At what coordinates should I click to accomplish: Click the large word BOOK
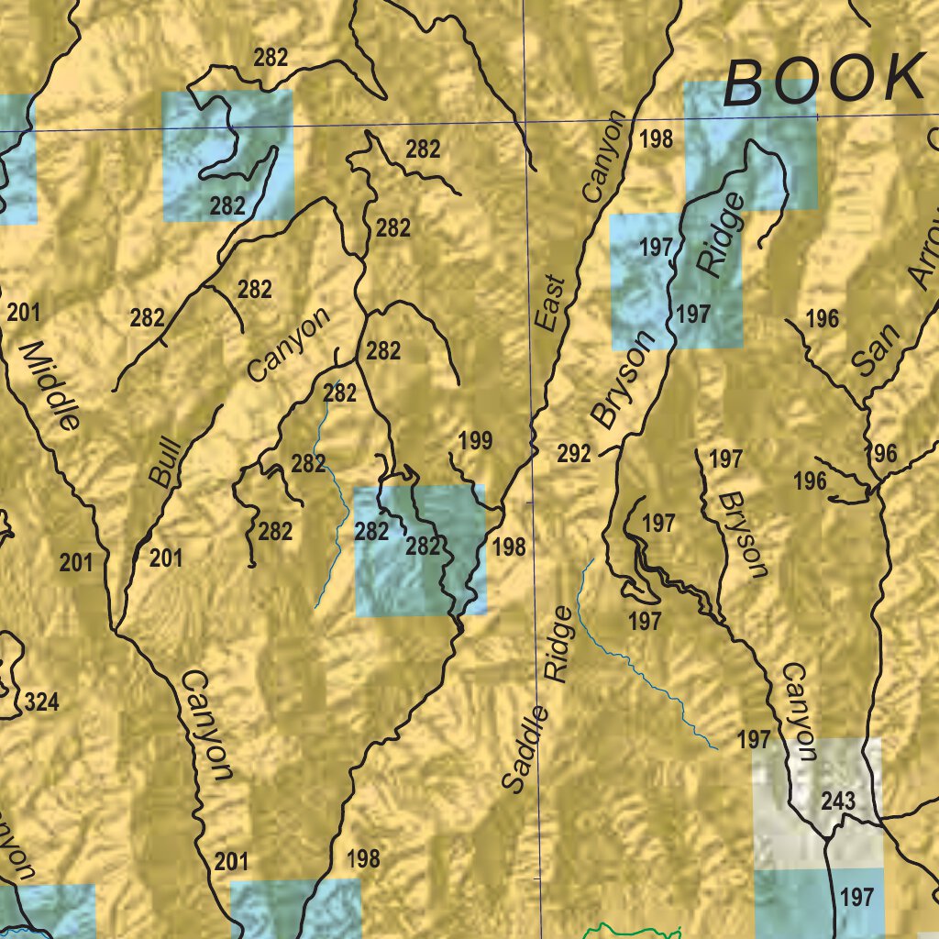(x=823, y=81)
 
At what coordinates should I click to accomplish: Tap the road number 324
(x=41, y=703)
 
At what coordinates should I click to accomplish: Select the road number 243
(x=838, y=801)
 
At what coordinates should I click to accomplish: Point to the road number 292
(x=574, y=453)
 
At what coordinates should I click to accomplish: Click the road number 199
(x=475, y=441)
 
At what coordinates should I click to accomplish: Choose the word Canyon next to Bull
(x=288, y=345)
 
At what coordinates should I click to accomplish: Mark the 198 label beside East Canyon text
(x=657, y=139)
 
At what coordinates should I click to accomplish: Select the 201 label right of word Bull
(x=166, y=557)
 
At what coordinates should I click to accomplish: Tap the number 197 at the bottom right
(x=856, y=896)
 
